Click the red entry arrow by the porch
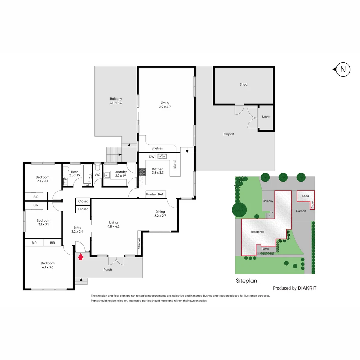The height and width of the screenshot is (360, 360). tap(80, 256)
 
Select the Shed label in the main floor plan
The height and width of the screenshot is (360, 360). tap(244, 85)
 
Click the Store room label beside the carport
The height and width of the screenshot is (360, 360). tap(266, 117)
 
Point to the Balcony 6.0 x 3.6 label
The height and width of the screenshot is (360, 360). tap(116, 101)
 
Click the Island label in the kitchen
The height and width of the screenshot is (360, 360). tap(174, 165)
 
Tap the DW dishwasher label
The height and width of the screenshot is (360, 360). tap(151, 156)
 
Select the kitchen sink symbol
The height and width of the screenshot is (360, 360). tap(162, 156)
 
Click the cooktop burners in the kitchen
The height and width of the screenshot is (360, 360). tap(142, 172)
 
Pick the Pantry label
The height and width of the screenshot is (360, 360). tap(151, 194)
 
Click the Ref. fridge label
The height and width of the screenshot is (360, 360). tap(161, 194)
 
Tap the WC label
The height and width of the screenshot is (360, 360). tap(98, 175)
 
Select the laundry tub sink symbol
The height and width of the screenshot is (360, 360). tap(107, 175)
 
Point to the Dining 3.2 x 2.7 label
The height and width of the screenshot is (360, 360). tap(160, 214)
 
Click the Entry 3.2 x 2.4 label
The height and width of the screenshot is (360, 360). tap(77, 229)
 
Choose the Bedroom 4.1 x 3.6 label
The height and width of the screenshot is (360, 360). tap(48, 265)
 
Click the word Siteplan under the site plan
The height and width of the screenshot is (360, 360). tap(246, 281)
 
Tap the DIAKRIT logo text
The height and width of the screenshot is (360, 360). tap(307, 288)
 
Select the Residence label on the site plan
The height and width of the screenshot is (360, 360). tap(258, 232)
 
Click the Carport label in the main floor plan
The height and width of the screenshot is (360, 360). tap(228, 134)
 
